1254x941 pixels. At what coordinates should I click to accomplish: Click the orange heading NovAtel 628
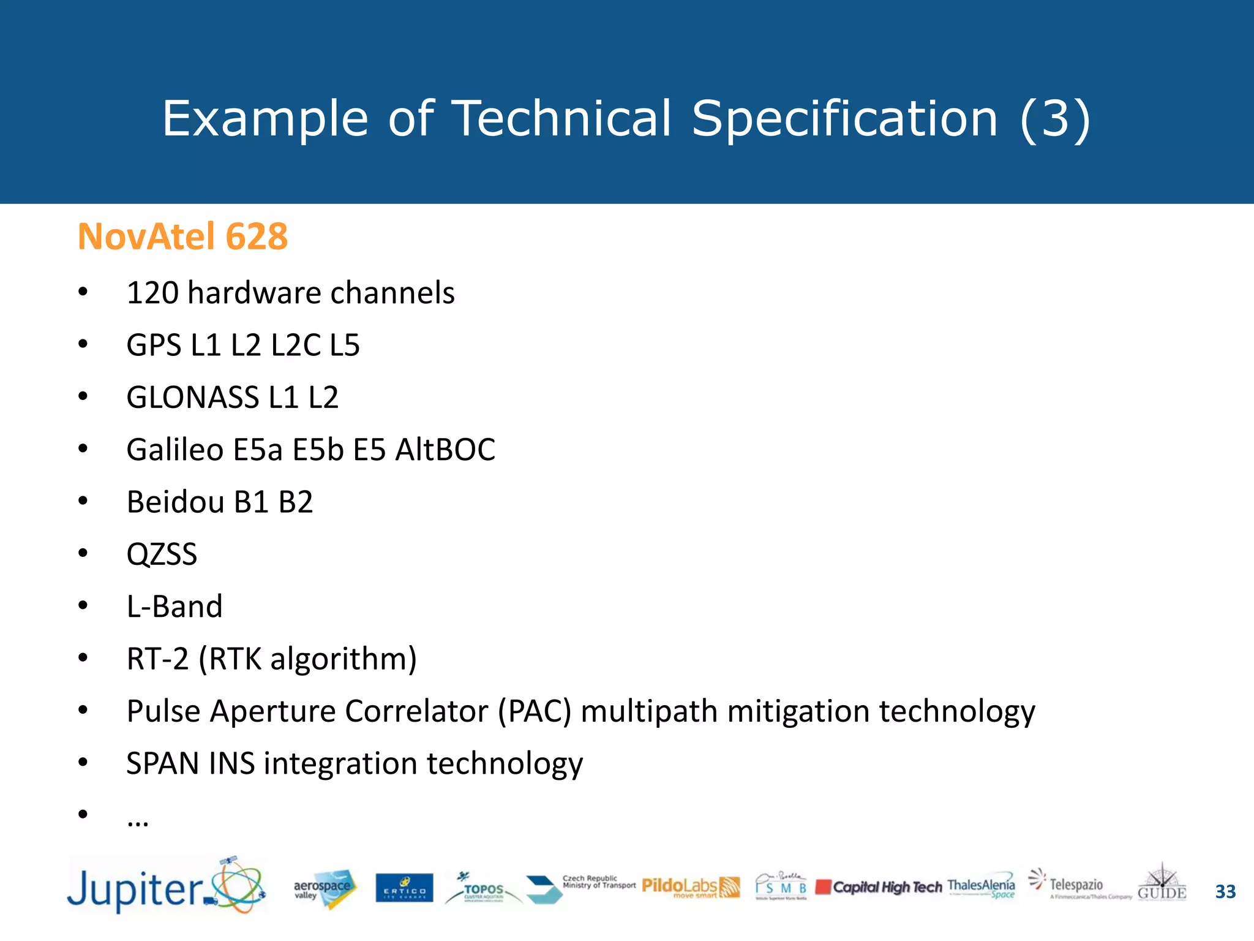[182, 236]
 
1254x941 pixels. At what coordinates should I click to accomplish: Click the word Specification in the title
[844, 119]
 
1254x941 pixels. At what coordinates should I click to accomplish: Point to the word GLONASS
[192, 398]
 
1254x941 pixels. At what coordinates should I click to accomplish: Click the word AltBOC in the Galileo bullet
[445, 450]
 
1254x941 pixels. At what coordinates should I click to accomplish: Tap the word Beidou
[175, 502]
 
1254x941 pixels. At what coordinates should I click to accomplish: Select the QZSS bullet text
[162, 554]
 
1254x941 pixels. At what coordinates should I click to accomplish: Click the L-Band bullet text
[175, 607]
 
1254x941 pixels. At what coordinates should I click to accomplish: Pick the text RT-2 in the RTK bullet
[157, 659]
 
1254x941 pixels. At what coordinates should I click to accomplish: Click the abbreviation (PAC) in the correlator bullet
[535, 711]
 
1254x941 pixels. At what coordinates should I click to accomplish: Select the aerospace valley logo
[323, 888]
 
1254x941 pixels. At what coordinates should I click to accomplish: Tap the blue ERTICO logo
[404, 888]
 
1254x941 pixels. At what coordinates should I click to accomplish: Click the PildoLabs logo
[691, 887]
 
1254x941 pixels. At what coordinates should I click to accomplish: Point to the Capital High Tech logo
[879, 887]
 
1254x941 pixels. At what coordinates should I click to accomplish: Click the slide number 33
[1225, 891]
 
